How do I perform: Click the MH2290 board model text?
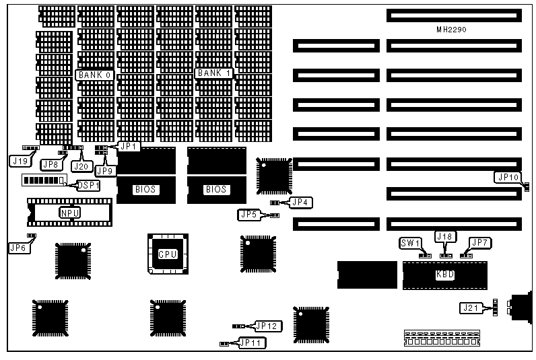click(451, 30)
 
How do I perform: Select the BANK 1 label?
click(213, 73)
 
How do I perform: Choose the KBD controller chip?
click(445, 275)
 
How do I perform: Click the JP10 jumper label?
click(506, 178)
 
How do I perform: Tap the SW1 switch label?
click(410, 243)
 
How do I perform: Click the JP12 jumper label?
click(269, 326)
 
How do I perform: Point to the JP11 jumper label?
click(253, 343)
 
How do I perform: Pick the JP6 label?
click(19, 248)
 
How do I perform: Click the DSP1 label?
click(88, 185)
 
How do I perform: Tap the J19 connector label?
click(20, 161)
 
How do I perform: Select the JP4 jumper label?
click(301, 201)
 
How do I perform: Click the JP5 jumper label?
click(248, 215)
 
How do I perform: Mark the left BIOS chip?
click(145, 190)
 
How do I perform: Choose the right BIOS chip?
click(216, 190)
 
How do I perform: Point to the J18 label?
click(445, 236)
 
